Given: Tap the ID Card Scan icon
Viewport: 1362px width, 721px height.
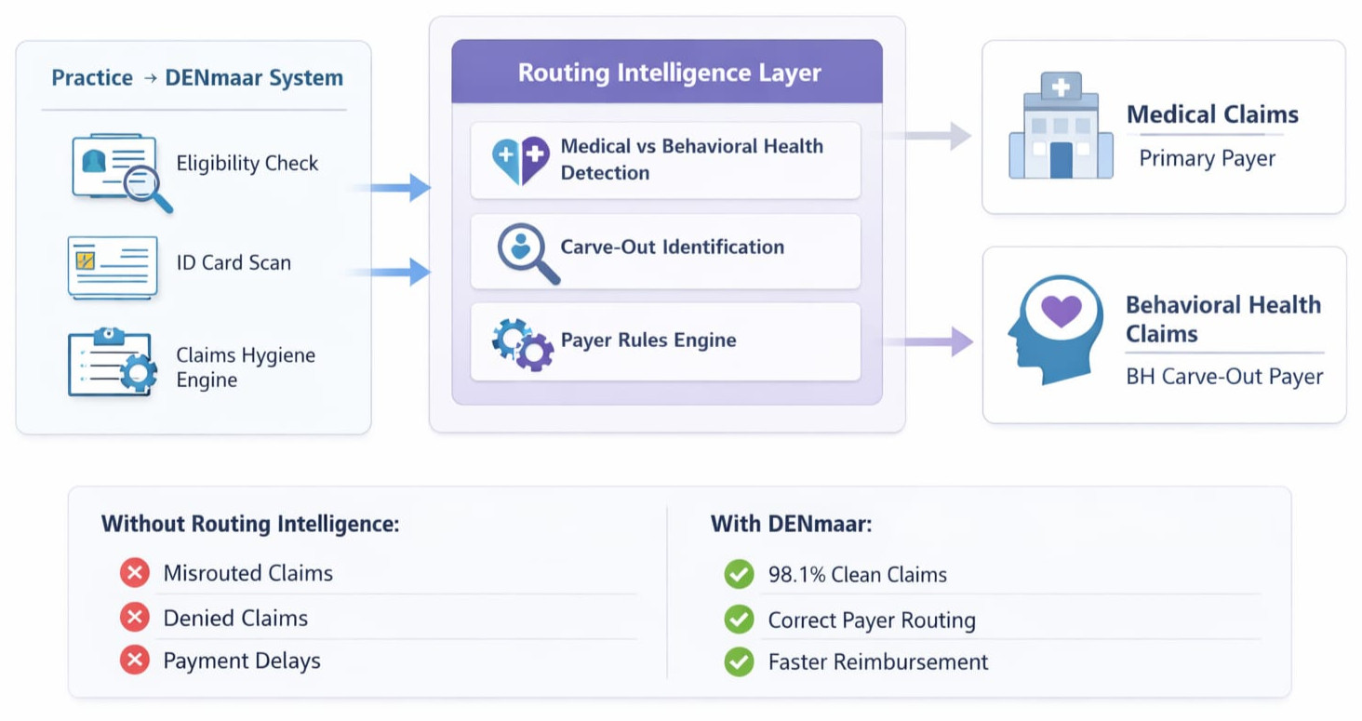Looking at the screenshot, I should click(x=113, y=266).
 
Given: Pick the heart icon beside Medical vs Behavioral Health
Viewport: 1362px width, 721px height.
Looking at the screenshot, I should click(x=520, y=159).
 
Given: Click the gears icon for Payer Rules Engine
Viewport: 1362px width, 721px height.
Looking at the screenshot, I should click(x=522, y=342).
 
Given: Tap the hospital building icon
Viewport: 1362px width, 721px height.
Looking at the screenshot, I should click(x=1061, y=127).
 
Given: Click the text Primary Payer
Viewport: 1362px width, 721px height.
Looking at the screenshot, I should click(x=1207, y=158).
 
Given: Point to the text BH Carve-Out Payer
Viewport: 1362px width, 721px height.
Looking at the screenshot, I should click(x=1223, y=377).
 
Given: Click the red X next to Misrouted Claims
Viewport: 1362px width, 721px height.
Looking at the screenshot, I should click(x=135, y=573).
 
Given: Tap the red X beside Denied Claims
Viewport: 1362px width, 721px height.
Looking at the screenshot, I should click(x=135, y=617).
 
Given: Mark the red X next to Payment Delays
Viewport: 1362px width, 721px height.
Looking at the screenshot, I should click(x=135, y=661).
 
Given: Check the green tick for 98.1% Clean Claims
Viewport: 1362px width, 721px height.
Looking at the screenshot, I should click(x=739, y=574).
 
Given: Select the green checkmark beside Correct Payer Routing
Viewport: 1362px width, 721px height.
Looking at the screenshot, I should click(x=739, y=619).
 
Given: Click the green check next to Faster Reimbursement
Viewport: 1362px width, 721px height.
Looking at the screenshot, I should click(x=739, y=661).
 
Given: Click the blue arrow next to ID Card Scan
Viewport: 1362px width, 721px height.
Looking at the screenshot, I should click(x=390, y=273).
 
